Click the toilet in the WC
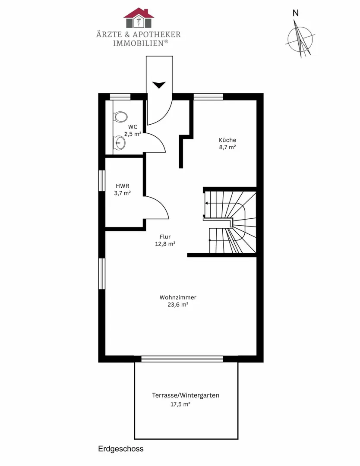(x=120, y=116)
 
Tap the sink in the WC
(x=120, y=143)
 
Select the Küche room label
(x=227, y=140)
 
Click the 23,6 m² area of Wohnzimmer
(x=178, y=305)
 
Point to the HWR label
(x=123, y=186)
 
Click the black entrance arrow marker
(x=159, y=85)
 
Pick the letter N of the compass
(x=296, y=13)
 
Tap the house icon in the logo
(x=139, y=18)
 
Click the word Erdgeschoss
(x=121, y=449)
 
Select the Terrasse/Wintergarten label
(x=186, y=395)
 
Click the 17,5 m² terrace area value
(x=180, y=404)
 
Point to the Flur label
(x=165, y=236)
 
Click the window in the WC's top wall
(x=120, y=97)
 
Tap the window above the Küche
(x=208, y=97)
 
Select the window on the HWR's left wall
(x=102, y=181)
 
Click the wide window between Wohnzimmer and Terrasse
(x=182, y=359)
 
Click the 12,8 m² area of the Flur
(x=165, y=244)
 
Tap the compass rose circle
(x=300, y=40)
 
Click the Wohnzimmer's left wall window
(x=102, y=274)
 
